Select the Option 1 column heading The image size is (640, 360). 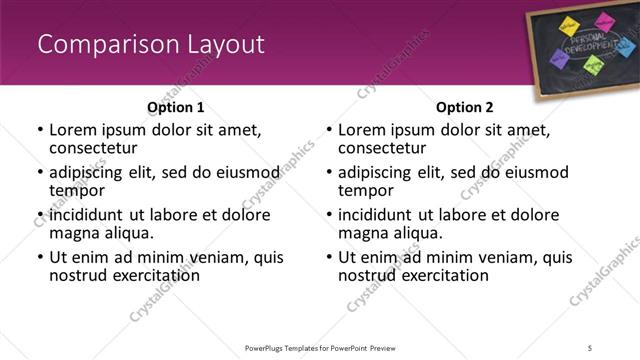(x=175, y=107)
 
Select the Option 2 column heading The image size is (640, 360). (x=464, y=107)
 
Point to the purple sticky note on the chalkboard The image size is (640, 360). (x=560, y=59)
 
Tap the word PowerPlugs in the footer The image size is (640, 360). (x=268, y=347)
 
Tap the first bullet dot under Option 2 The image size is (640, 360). (x=329, y=130)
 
